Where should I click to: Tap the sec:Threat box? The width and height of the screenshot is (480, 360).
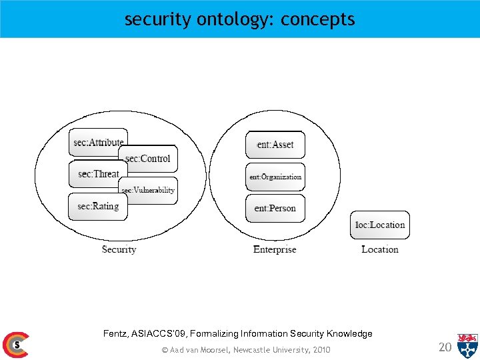point(97,174)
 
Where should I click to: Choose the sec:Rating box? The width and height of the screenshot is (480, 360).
point(97,207)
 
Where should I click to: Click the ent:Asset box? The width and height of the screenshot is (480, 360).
point(275,145)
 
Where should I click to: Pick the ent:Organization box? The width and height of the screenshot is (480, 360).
point(275,177)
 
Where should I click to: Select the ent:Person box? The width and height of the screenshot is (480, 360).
point(275,209)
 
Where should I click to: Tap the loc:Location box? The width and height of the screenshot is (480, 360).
point(379,225)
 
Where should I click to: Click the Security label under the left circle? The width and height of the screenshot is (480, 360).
point(119,249)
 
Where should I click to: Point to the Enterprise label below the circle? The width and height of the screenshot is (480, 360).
point(275,249)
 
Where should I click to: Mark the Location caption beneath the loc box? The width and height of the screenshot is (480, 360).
point(379,249)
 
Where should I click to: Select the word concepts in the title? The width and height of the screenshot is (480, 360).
point(318,20)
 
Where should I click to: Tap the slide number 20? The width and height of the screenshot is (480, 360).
point(445,346)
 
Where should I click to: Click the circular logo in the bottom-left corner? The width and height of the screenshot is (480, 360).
point(15,345)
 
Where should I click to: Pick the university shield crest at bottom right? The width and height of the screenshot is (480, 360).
point(467,345)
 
